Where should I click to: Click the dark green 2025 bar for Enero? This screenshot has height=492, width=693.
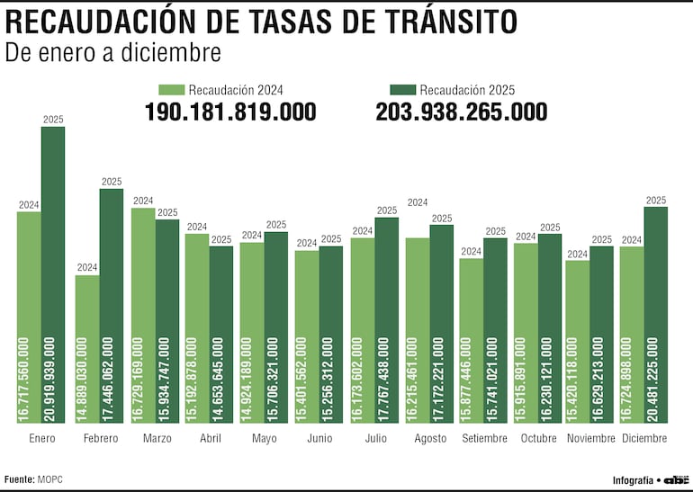click(53, 270)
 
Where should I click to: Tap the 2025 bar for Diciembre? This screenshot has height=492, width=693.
click(656, 306)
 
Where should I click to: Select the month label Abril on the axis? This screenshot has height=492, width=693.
click(209, 438)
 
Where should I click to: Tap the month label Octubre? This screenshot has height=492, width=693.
click(537, 438)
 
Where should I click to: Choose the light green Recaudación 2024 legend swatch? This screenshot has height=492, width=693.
click(171, 89)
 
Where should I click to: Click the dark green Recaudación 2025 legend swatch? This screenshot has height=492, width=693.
click(402, 89)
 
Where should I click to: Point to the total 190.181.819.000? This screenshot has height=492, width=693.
click(230, 112)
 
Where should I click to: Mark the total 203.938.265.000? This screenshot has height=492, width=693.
click(462, 112)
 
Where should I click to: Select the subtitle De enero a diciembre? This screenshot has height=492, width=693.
click(112, 53)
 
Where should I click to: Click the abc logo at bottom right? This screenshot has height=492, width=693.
click(676, 479)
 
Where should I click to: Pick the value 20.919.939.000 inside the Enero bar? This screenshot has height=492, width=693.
click(53, 378)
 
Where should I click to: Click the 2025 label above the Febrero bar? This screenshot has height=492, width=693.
click(112, 182)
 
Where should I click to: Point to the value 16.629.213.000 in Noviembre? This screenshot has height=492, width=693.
click(602, 378)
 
